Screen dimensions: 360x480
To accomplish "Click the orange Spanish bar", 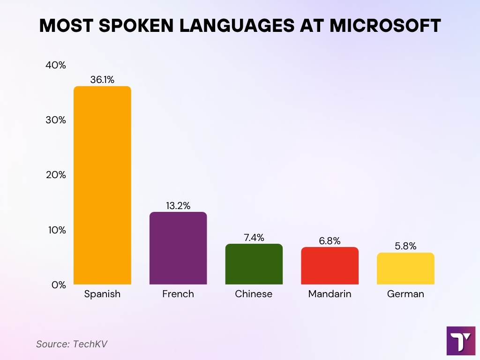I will click(x=102, y=185).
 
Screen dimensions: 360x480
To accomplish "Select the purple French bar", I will click(x=178, y=248).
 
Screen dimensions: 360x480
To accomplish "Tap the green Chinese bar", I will click(x=254, y=264).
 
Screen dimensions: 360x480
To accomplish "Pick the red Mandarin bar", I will click(x=330, y=265).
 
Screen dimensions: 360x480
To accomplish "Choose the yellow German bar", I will click(x=405, y=268).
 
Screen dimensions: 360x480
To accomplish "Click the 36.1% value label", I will click(x=102, y=80).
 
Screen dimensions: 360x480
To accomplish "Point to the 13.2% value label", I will click(x=178, y=205).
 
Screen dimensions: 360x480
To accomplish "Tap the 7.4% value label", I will click(x=254, y=237).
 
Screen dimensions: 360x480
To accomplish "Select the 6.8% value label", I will click(x=330, y=240).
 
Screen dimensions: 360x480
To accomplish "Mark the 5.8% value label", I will click(x=405, y=246).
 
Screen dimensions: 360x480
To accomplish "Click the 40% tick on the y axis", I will click(x=55, y=65).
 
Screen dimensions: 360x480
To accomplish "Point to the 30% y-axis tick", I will click(x=55, y=120).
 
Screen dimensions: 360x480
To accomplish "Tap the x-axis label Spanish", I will click(x=102, y=294).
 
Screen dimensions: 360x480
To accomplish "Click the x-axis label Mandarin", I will click(x=330, y=294).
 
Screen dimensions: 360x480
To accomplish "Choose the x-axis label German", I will click(x=405, y=294).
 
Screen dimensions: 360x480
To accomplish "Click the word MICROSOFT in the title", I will click(x=385, y=26).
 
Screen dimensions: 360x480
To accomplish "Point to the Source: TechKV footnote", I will click(x=72, y=344).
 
